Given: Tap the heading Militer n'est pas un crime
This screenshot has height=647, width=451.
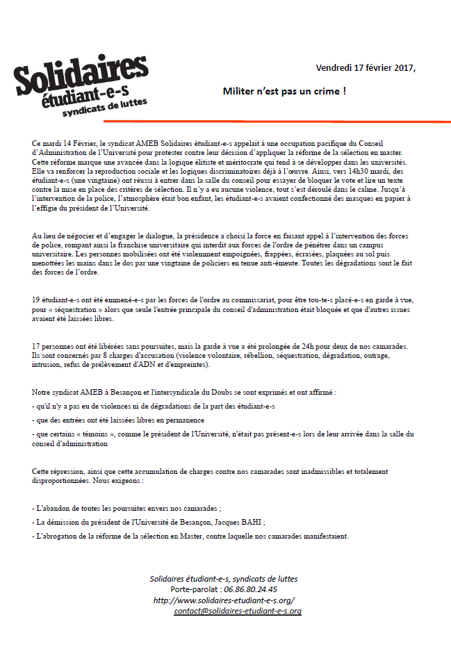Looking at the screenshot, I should pyautogui.click(x=284, y=91).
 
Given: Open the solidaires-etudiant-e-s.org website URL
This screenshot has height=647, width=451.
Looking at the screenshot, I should pyautogui.click(x=224, y=600).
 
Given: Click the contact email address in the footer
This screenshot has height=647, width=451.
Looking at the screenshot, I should pyautogui.click(x=238, y=611).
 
